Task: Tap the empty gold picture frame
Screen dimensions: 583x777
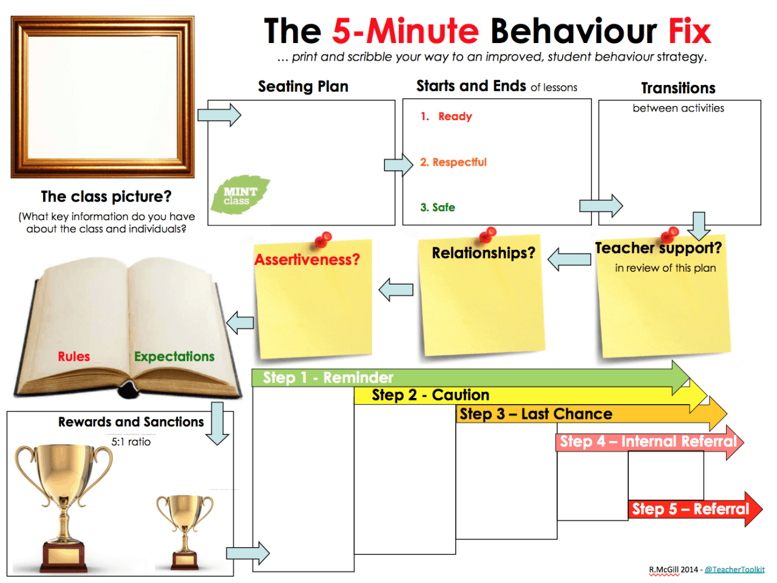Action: coord(103,97)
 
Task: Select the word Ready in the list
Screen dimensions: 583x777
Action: coord(455,116)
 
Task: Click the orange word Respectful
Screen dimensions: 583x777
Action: coord(459,163)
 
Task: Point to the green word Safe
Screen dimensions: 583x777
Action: coord(443,207)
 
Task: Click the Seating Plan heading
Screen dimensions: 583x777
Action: coord(303,87)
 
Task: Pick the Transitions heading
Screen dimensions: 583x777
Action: coord(678,89)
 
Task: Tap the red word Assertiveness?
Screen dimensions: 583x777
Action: coord(307,260)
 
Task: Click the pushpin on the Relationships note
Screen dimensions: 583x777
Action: coord(487,234)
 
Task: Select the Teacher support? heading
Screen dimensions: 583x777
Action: coord(658,248)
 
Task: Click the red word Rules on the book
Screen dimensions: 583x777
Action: coord(74,357)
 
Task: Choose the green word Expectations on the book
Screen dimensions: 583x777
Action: coord(174,357)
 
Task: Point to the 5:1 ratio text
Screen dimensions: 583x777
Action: coord(131,442)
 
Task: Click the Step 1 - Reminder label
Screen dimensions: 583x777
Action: coord(328,378)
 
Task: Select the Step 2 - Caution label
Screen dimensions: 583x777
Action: coord(430,396)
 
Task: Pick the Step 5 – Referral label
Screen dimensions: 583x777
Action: coord(690,509)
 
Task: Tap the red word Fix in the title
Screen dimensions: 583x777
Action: coord(689,32)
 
